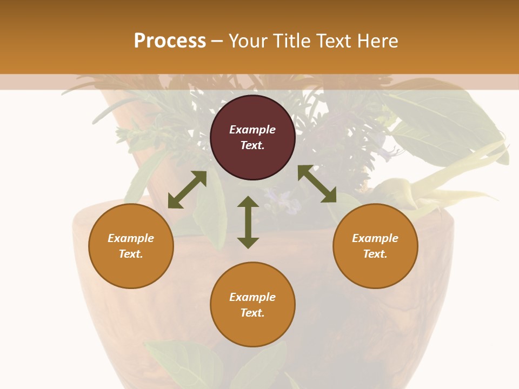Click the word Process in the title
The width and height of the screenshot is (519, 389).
[170, 41]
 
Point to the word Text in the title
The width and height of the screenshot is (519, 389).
[332, 41]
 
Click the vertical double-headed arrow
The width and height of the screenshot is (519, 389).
[248, 222]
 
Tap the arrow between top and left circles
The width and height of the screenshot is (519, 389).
[187, 190]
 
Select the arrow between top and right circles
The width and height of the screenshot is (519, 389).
[317, 184]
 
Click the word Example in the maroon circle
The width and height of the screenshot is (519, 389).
[252, 130]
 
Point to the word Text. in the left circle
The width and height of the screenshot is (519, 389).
[131, 254]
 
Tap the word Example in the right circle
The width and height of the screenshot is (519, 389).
[375, 238]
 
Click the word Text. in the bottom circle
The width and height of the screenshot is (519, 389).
[252, 313]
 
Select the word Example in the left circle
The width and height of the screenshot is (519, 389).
[131, 238]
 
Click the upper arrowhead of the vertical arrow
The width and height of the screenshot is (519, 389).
[248, 203]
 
